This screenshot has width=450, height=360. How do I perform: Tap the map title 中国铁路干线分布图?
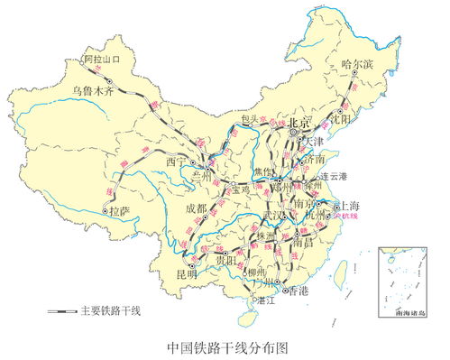[225, 346]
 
